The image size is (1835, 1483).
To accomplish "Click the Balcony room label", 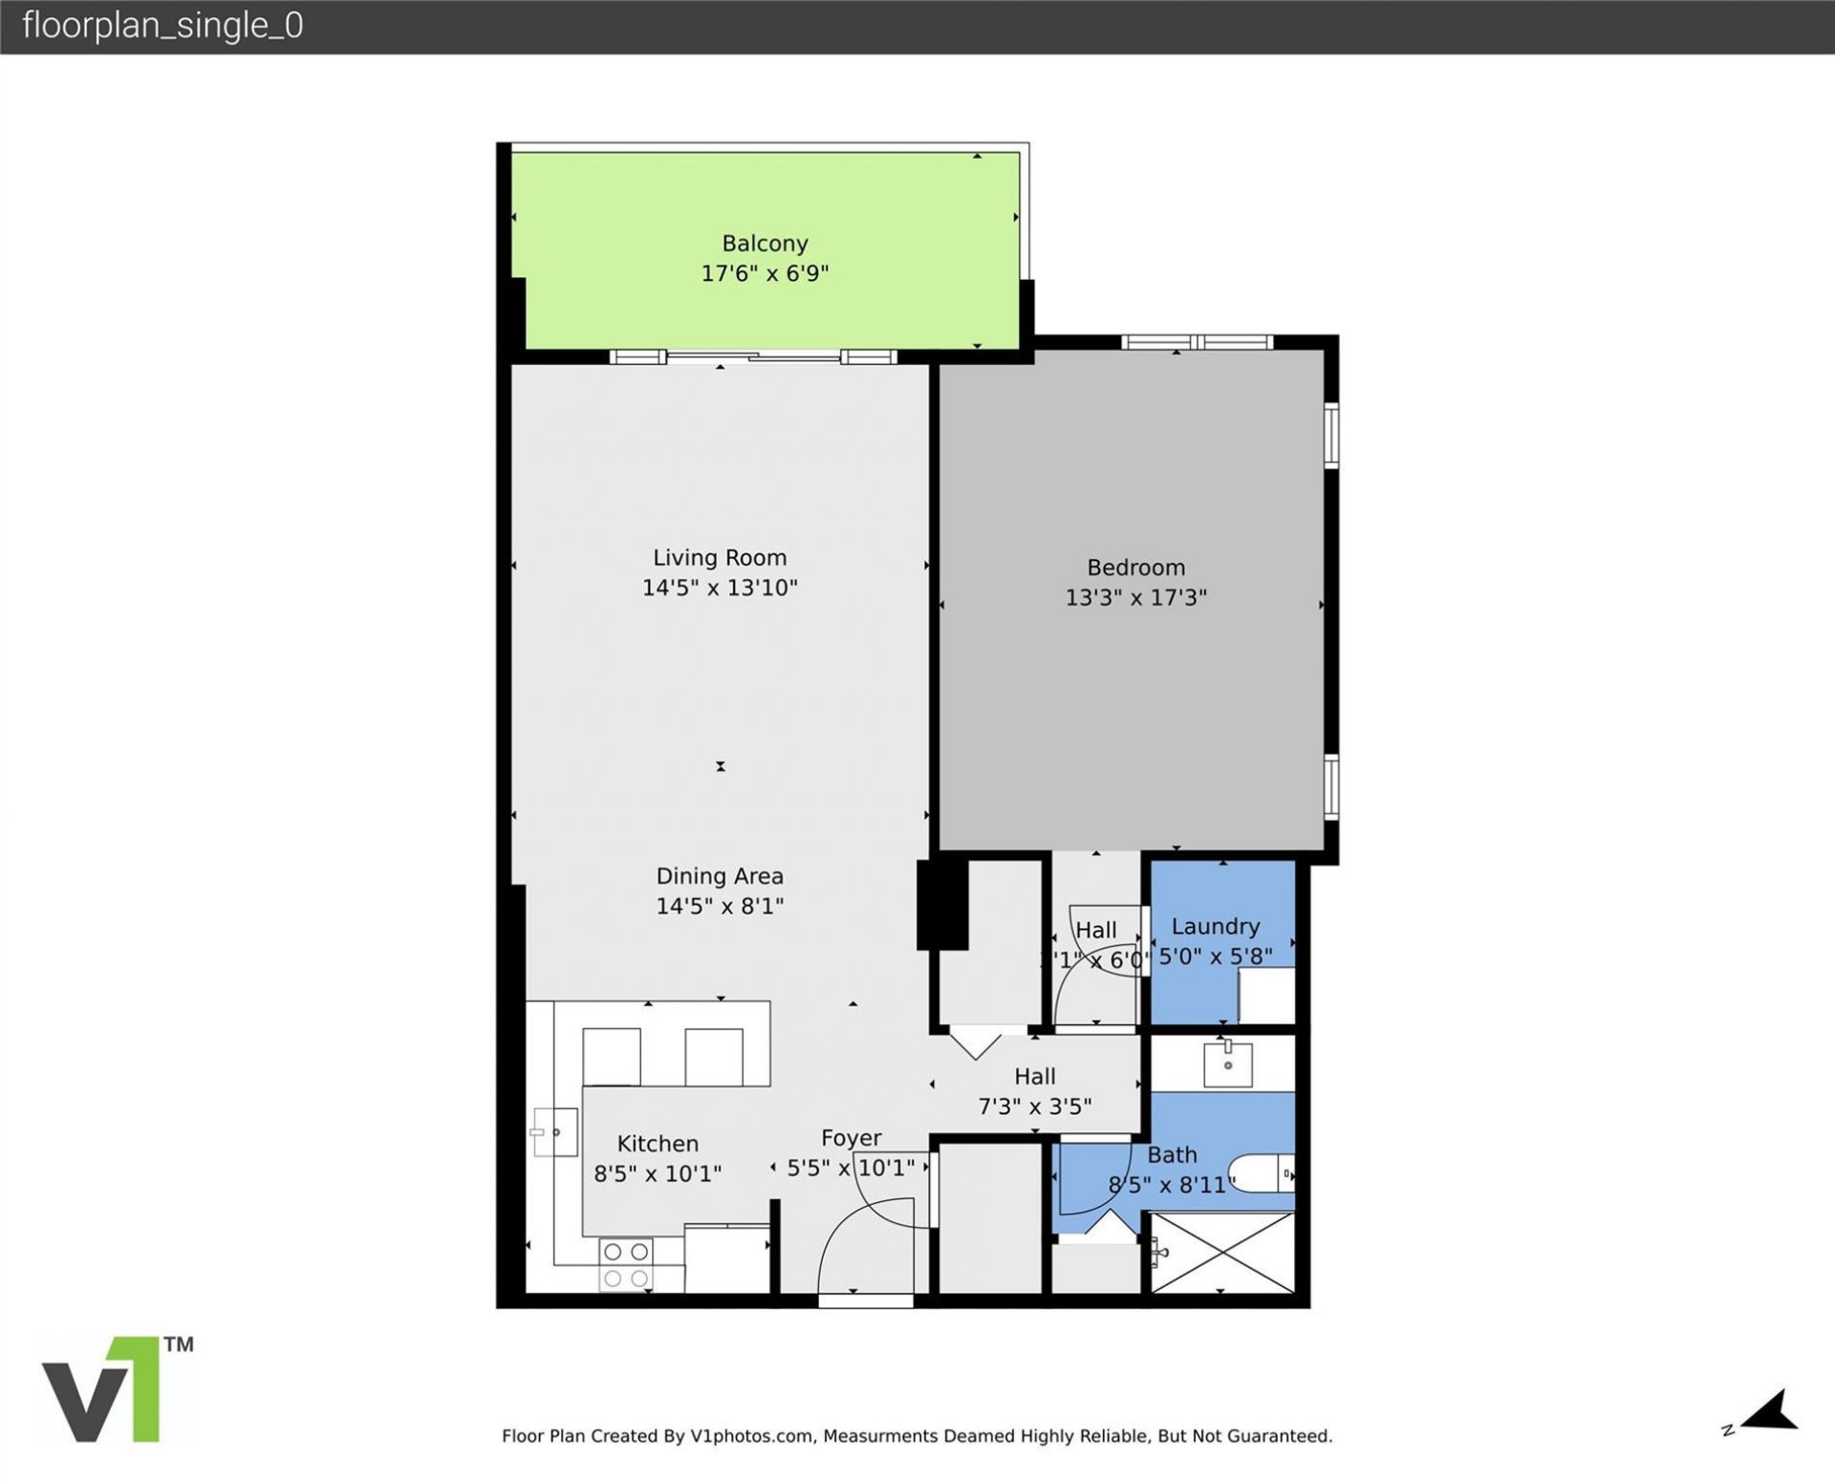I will pyautogui.click(x=765, y=244).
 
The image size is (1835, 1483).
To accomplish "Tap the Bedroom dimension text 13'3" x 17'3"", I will pyautogui.click(x=1135, y=597).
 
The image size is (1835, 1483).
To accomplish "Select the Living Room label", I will pyautogui.click(x=720, y=557).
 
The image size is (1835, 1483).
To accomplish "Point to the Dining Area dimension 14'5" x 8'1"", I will pyautogui.click(x=720, y=905).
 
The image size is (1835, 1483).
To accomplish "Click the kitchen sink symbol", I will pyautogui.click(x=556, y=1132).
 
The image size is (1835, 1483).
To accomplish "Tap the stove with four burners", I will pyautogui.click(x=627, y=1264).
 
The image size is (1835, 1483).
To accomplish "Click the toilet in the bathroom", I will pyautogui.click(x=1262, y=1173).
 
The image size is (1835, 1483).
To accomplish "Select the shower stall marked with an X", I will pyautogui.click(x=1221, y=1253).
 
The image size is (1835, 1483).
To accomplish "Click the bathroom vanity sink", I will pyautogui.click(x=1227, y=1064).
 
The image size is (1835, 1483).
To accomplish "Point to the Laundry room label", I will pyautogui.click(x=1215, y=926).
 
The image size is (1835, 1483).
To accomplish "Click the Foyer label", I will pyautogui.click(x=851, y=1138).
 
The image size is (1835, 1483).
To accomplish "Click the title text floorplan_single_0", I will pyautogui.click(x=162, y=26).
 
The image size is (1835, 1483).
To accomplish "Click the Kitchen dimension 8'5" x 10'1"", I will pyautogui.click(x=658, y=1172).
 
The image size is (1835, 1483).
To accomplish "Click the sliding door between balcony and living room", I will pyautogui.click(x=753, y=357).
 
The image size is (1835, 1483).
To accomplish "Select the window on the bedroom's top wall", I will pyautogui.click(x=1197, y=342).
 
